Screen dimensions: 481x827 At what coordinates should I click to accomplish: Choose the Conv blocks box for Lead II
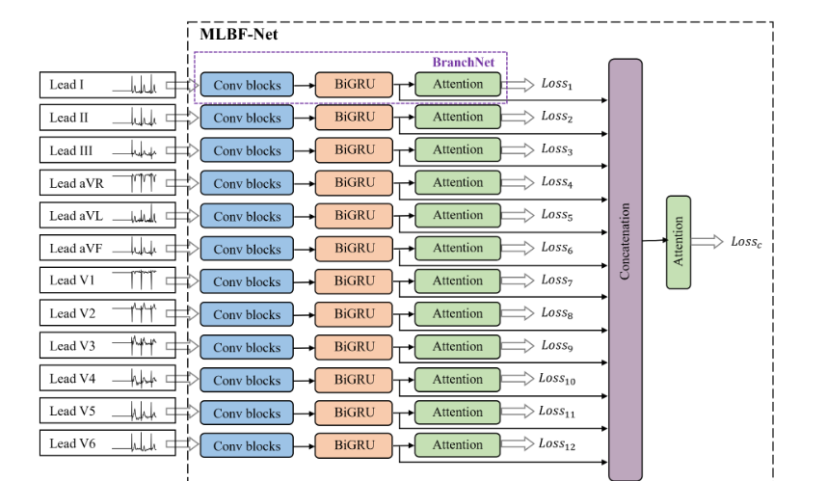click(x=247, y=118)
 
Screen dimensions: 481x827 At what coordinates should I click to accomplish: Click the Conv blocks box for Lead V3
click(x=247, y=347)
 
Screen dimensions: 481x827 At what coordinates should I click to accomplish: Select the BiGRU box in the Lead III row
click(x=354, y=150)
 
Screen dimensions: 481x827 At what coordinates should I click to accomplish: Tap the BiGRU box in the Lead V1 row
click(x=354, y=281)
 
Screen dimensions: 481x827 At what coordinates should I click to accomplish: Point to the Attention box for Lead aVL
click(x=458, y=216)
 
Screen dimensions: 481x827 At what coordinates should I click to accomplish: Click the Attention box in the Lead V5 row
click(x=458, y=413)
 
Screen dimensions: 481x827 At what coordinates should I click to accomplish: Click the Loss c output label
click(x=746, y=241)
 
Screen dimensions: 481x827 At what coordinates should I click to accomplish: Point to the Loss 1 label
click(x=556, y=85)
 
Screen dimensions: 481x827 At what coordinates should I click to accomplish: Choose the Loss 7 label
click(x=556, y=281)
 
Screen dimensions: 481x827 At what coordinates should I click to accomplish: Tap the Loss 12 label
click(x=558, y=444)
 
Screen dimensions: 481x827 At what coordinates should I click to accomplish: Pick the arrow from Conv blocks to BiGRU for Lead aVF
click(x=305, y=249)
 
